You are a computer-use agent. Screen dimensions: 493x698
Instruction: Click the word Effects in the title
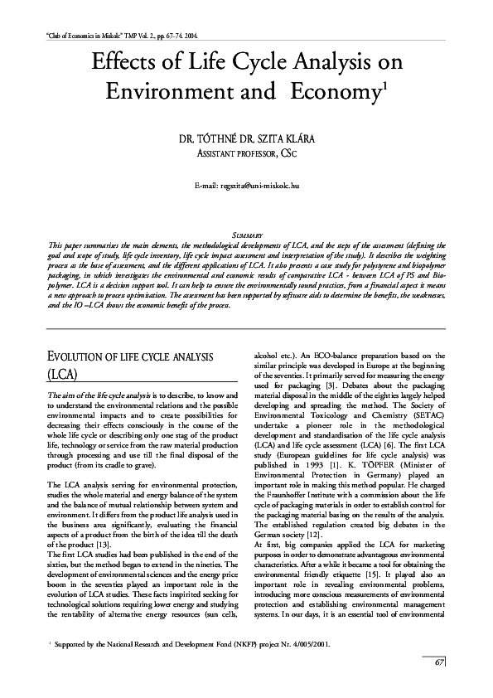[134, 63]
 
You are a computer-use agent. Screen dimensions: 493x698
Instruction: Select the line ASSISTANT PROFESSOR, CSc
[246, 153]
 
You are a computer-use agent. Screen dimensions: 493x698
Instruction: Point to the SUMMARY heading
[246, 236]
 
